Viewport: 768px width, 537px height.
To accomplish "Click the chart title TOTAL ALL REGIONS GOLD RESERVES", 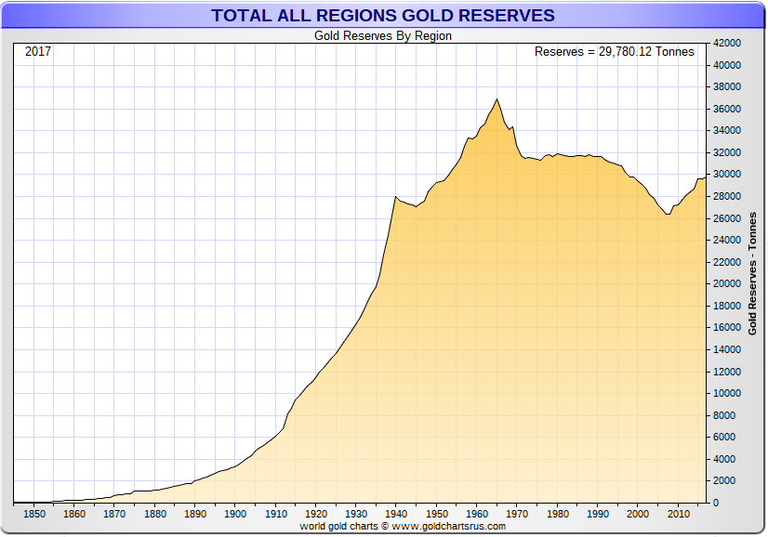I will (x=383, y=16).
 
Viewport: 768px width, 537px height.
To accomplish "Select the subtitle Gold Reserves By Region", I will (x=383, y=36).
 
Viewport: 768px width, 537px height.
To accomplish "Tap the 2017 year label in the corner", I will (x=38, y=51).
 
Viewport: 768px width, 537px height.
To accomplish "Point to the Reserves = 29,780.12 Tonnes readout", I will (x=614, y=52).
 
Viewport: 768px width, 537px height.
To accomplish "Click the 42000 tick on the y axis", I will (x=726, y=44).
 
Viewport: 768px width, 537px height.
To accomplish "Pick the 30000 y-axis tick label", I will (x=726, y=175).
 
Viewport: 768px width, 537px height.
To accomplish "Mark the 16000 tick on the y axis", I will (x=726, y=328).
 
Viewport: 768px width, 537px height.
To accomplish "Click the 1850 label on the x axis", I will (x=34, y=514).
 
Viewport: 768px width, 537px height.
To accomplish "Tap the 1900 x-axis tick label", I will (x=235, y=514).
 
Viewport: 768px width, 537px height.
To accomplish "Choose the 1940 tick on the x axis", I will (x=396, y=514).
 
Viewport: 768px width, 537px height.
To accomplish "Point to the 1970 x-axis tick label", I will (x=517, y=514).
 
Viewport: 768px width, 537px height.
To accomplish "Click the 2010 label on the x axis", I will (x=678, y=514).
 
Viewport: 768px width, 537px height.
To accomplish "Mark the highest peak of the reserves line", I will (x=497, y=98).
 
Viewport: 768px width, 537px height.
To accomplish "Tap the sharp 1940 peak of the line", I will (x=396, y=196).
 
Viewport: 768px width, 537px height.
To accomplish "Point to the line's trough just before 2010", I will (x=668, y=215).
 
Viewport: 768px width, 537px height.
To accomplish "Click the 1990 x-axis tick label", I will (x=597, y=514).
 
